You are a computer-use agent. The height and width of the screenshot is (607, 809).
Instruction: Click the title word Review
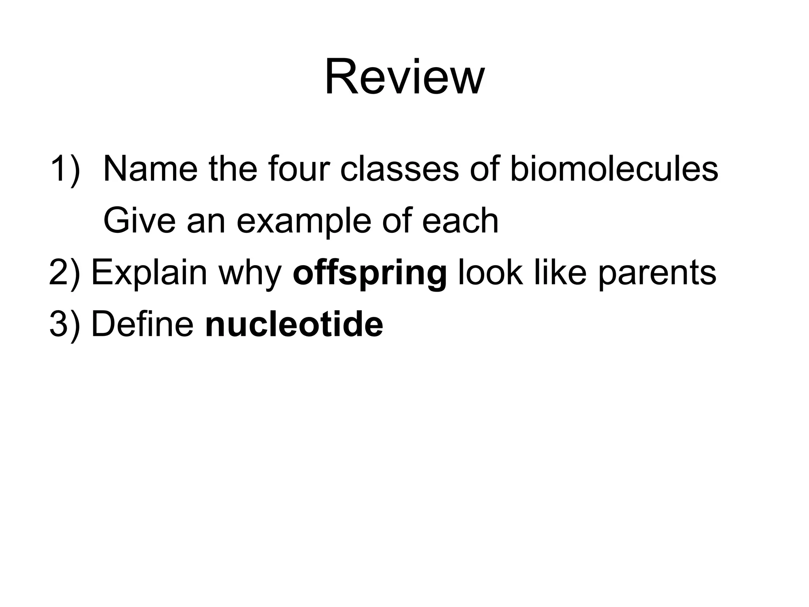click(x=404, y=77)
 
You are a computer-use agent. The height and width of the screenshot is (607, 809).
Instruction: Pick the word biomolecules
click(x=614, y=169)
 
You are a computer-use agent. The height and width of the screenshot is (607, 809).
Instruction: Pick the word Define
click(x=142, y=325)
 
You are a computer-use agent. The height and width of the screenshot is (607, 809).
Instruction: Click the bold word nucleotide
click(x=294, y=325)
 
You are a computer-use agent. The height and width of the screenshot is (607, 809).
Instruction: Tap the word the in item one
click(x=233, y=169)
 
